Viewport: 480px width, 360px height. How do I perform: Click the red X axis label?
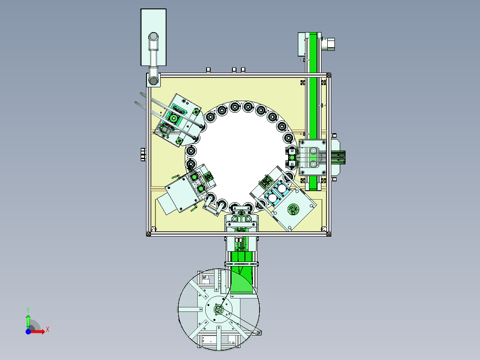click(48, 330)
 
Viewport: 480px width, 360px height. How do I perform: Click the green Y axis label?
click(28, 310)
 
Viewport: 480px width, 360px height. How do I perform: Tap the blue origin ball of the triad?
click(28, 331)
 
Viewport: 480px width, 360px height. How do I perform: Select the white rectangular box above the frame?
click(153, 37)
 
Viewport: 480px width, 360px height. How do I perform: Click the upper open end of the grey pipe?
click(153, 37)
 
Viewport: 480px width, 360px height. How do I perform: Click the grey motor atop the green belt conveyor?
click(330, 44)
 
